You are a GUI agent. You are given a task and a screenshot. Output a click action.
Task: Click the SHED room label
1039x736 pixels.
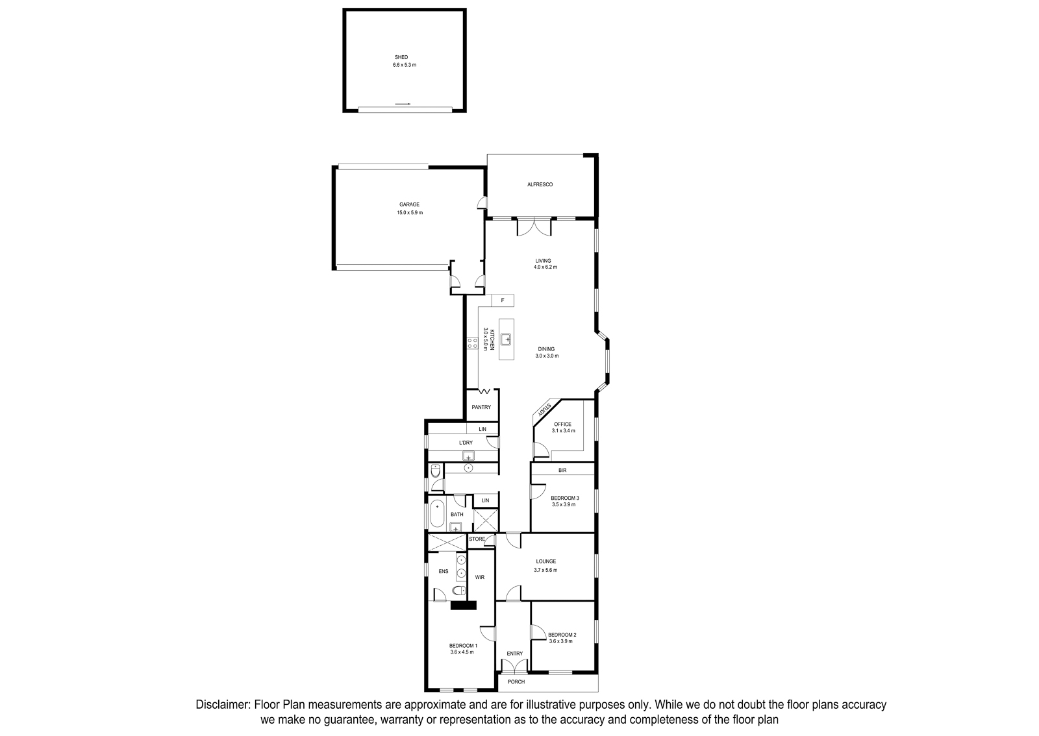click(x=401, y=58)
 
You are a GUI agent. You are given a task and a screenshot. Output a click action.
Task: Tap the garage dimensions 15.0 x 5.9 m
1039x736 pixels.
click(x=410, y=213)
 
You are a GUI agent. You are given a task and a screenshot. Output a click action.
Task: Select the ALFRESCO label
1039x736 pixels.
click(x=540, y=184)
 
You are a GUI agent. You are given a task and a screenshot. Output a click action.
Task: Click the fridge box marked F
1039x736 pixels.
click(x=503, y=301)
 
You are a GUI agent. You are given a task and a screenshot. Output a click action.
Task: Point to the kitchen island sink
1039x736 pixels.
click(x=506, y=339)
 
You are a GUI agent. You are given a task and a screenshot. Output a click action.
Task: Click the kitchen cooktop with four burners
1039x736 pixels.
click(x=473, y=343)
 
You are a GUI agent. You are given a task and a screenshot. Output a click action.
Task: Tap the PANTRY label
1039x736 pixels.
click(x=481, y=408)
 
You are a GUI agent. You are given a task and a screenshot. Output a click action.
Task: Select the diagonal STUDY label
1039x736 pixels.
click(x=544, y=410)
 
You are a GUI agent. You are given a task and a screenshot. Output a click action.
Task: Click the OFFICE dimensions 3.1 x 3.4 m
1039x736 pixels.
click(x=563, y=430)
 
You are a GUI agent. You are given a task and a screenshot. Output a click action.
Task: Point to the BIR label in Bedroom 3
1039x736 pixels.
click(x=562, y=470)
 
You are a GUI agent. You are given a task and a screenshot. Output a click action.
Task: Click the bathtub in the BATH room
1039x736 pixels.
click(x=437, y=513)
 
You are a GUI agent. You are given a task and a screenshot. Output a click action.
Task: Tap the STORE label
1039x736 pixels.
click(x=477, y=539)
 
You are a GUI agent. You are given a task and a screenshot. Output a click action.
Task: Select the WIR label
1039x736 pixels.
click(x=480, y=577)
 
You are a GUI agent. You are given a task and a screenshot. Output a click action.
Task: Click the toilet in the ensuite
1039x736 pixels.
click(x=459, y=591)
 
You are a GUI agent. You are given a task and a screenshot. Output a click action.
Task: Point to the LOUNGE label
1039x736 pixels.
click(x=546, y=561)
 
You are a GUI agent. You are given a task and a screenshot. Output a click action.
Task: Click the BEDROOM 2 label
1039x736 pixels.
click(x=562, y=635)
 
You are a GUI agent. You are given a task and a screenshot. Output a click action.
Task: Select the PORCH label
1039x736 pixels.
click(x=516, y=681)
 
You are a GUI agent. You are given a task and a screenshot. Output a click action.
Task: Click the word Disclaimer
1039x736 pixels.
click(x=223, y=705)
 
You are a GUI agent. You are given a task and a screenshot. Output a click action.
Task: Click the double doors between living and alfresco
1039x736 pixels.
click(x=534, y=227)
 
